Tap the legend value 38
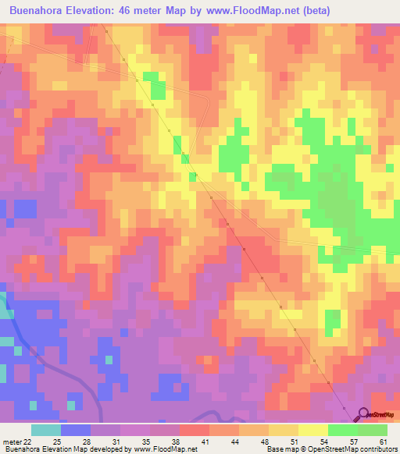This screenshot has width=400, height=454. pos(166,442)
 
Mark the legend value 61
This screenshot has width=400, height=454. pos(383,442)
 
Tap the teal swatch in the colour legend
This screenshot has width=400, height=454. pos(46,430)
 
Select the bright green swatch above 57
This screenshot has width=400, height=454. pos(343,430)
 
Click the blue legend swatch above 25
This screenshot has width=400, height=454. pos(76,430)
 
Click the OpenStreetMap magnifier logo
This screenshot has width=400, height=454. pos(362,415)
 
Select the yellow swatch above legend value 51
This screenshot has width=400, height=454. pos(284,430)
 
